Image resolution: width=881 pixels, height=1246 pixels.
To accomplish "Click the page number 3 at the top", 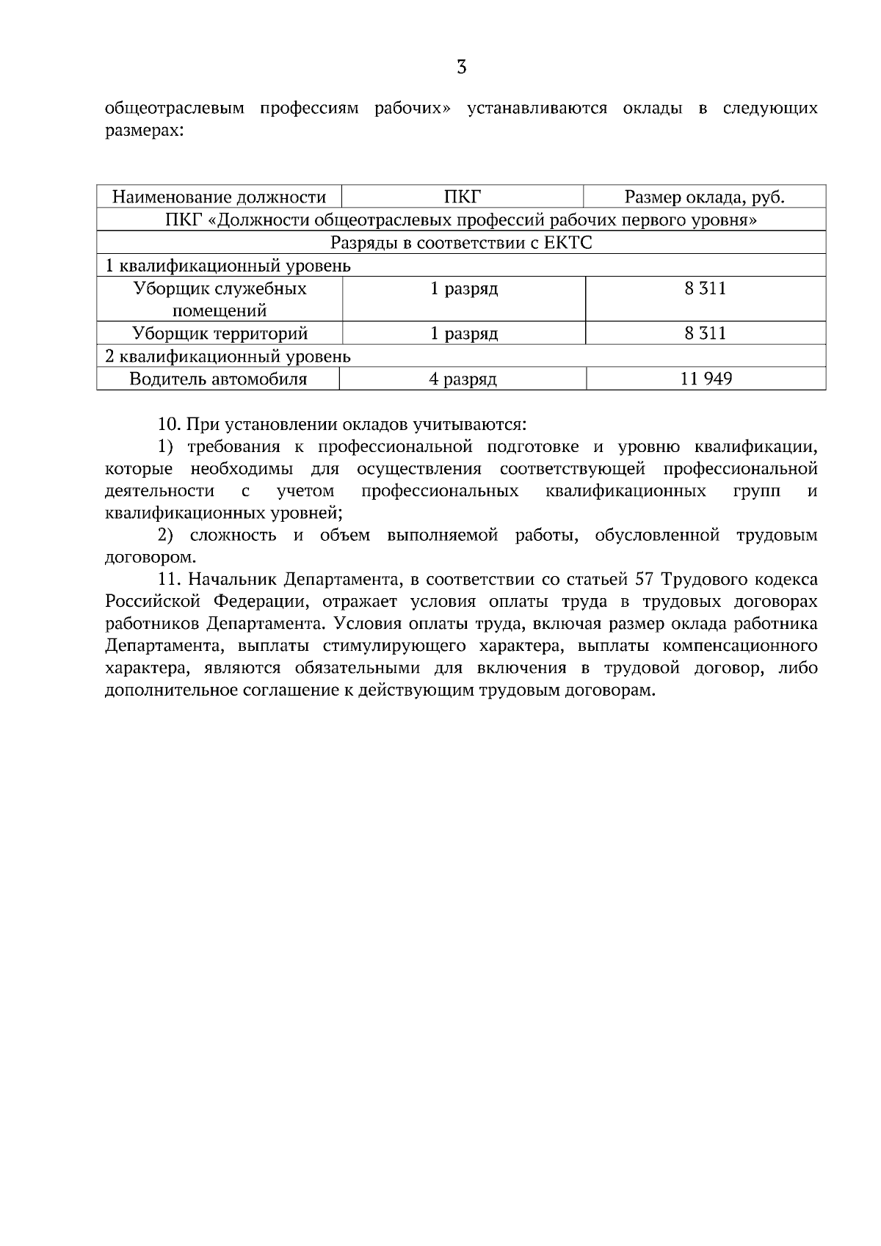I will coord(461,68).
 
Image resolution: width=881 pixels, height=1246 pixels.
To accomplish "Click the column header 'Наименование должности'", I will coord(219,197).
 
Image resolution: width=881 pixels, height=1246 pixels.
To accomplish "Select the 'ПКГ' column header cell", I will coord(463,197).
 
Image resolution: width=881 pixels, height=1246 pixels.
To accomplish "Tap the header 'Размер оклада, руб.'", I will coord(705,197).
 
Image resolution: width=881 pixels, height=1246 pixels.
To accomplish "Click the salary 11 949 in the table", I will coord(706,379).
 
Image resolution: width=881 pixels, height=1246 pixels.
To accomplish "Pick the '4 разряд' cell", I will coord(463,379).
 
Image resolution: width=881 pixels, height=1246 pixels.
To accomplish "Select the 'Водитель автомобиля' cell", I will coord(218,379).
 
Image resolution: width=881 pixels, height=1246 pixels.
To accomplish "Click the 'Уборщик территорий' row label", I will coord(220,333).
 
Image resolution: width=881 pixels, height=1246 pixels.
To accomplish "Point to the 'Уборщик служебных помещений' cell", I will coord(220,299).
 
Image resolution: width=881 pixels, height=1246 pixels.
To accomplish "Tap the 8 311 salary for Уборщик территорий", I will coord(705,333).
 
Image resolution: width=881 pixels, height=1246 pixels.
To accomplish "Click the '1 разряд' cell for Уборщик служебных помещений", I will coord(464,288).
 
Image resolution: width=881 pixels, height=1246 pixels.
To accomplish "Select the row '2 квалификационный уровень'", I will coord(228,357).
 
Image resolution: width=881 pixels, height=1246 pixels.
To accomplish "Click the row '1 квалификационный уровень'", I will coord(228,266).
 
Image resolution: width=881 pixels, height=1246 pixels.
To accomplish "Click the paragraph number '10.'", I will coord(170,424).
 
